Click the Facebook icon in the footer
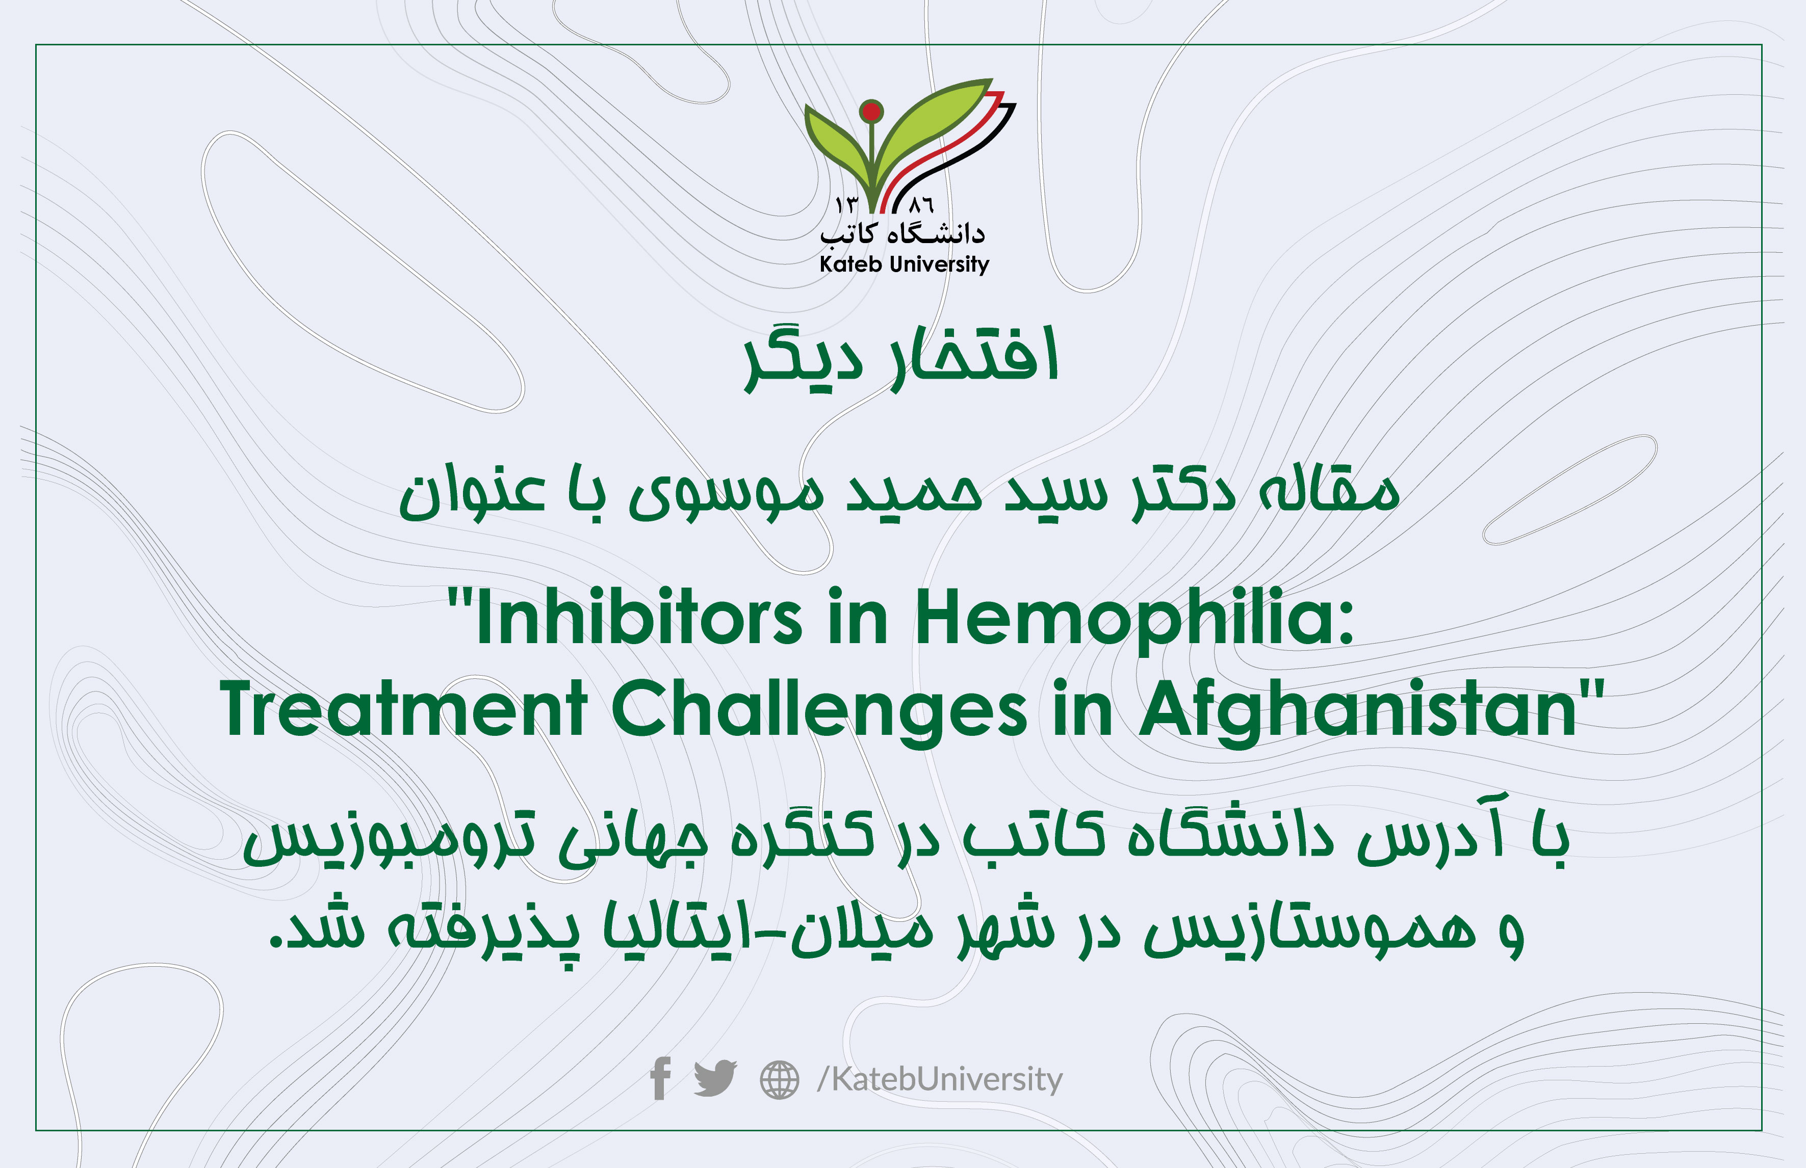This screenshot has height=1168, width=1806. (660, 1078)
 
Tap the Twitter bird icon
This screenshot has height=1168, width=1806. (715, 1078)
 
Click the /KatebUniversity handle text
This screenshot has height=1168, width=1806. (939, 1078)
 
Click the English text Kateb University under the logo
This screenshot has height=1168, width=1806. (904, 264)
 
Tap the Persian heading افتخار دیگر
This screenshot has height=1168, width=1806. (901, 358)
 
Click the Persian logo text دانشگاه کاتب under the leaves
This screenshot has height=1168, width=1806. (902, 233)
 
